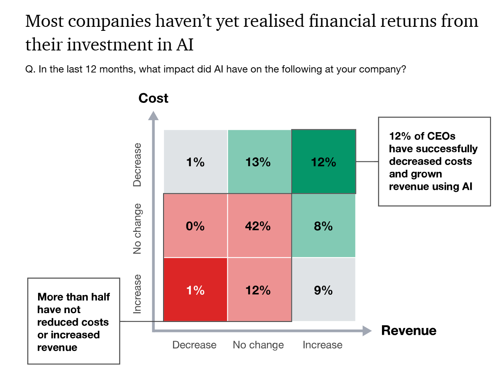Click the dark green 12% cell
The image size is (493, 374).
click(323, 162)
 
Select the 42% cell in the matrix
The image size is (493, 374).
click(259, 226)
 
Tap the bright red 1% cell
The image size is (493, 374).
click(195, 290)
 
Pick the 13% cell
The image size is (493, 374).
click(259, 162)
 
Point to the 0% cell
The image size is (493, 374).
click(195, 226)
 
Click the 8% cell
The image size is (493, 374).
click(323, 226)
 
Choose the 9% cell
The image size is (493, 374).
click(323, 290)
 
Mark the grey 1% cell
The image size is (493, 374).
click(195, 162)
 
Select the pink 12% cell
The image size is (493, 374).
click(259, 290)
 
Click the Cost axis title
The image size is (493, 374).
click(153, 99)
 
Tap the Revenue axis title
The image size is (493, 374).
click(408, 331)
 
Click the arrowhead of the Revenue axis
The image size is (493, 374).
click(366, 331)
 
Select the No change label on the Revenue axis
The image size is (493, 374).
click(258, 345)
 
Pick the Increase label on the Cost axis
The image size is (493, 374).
click(137, 293)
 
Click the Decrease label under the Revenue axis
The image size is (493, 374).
click(194, 345)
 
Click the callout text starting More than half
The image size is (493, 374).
click(73, 322)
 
